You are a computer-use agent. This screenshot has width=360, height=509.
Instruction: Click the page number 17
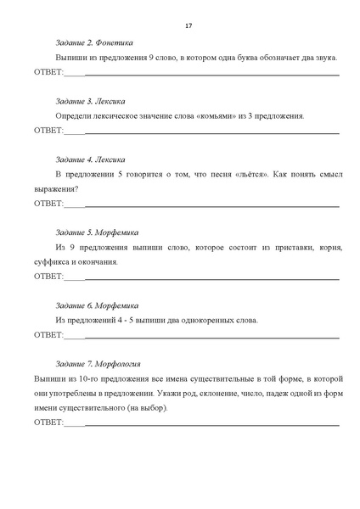click(x=188, y=26)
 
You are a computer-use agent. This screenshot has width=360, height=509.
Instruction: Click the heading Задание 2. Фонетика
click(x=93, y=42)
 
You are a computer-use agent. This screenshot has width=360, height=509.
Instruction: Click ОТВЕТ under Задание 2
click(x=48, y=73)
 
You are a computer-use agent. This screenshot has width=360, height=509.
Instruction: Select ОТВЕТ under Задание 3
click(x=48, y=131)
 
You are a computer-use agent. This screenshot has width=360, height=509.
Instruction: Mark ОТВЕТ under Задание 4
click(x=48, y=204)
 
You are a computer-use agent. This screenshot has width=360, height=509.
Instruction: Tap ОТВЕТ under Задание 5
click(x=48, y=277)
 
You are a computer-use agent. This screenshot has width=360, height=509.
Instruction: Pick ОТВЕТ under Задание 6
click(x=48, y=334)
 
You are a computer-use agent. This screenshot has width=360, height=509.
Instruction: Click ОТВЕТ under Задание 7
click(x=48, y=422)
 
